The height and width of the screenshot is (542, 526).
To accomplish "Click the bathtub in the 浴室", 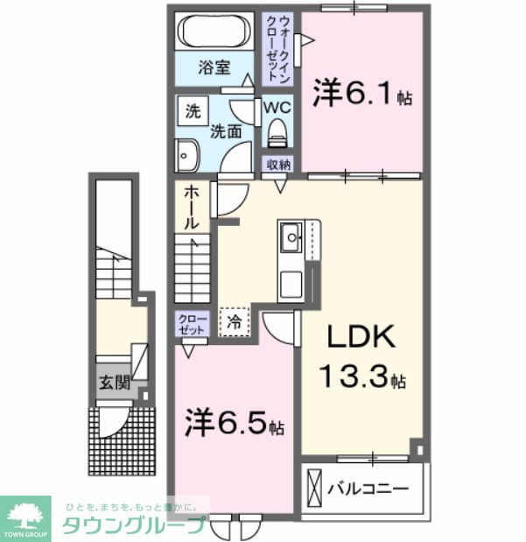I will tap(218, 32).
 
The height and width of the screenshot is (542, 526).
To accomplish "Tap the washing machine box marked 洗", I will tap(191, 111).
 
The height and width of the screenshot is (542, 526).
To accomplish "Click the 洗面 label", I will tap(226, 132).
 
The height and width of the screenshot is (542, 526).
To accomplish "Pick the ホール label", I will tap(191, 211).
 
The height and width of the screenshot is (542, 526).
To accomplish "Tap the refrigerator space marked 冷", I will tap(235, 322).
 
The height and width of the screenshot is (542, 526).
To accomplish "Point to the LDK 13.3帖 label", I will tap(359, 358).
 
